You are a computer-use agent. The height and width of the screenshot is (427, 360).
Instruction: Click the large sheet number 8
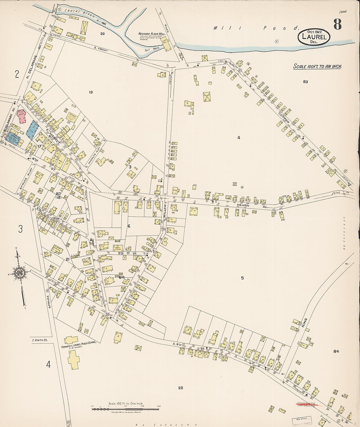point(337,25)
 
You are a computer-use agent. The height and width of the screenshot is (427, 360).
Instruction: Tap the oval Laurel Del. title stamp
point(314,37)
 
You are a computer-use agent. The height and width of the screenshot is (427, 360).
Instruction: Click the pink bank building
point(22,116)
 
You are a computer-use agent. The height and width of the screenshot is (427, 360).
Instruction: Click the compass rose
point(20,273)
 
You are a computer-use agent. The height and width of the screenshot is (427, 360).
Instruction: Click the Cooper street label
point(284,118)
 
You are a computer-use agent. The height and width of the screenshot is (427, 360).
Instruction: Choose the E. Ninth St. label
point(40,341)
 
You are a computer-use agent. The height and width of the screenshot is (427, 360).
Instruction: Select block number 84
point(336,351)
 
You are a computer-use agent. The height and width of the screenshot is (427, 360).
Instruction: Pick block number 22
point(180,388)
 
